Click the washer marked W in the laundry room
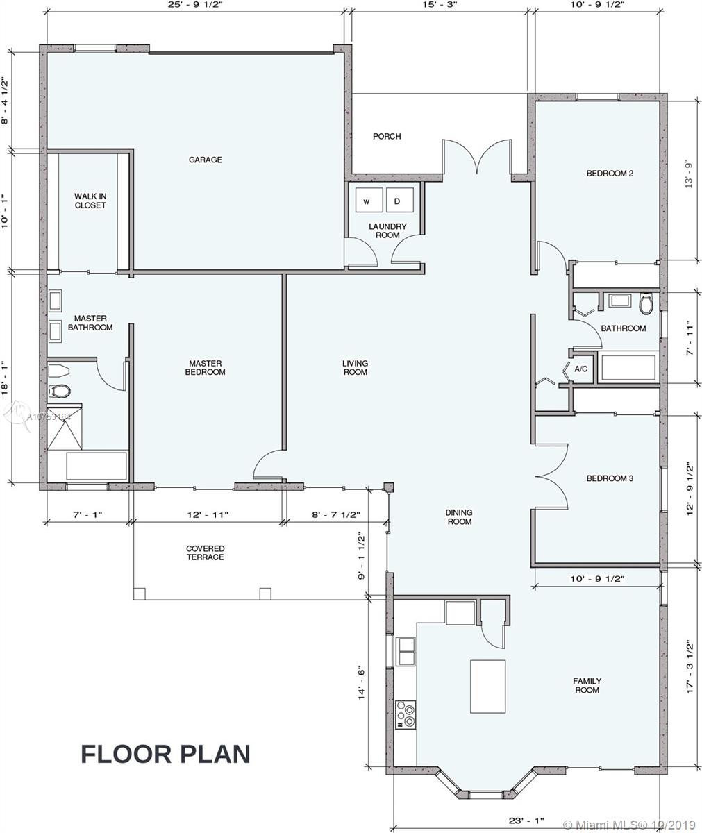(x=369, y=199)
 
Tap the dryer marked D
(x=399, y=199)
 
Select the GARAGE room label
(x=205, y=160)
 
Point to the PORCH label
(x=387, y=137)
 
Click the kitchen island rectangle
(x=487, y=687)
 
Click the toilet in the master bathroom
(x=59, y=391)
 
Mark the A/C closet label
(x=580, y=369)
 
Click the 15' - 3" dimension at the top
(x=440, y=5)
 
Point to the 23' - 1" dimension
(x=526, y=818)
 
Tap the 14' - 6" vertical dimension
(x=362, y=682)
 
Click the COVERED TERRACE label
(x=205, y=553)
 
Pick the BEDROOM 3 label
(x=610, y=478)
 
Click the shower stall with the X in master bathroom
(x=65, y=426)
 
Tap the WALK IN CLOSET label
(x=90, y=201)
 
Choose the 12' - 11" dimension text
(x=208, y=515)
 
